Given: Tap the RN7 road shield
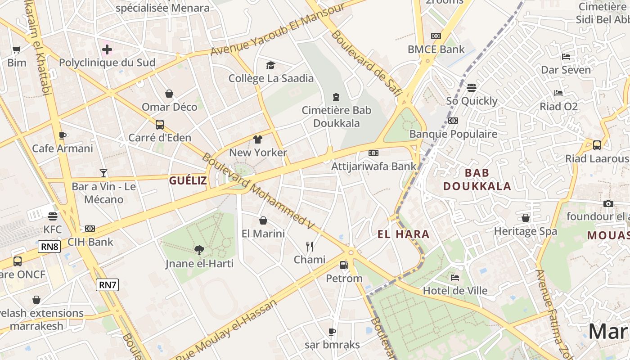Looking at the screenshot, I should [107, 284].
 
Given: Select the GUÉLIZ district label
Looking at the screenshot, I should [188, 180].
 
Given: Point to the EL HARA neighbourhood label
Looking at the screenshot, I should [403, 234].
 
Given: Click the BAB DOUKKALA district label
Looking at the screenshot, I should [477, 180].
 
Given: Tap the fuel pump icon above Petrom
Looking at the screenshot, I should [344, 265].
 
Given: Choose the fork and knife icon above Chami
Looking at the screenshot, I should [310, 246].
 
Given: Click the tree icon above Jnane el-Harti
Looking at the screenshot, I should [199, 250].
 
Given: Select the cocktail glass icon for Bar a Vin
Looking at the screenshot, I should [103, 173].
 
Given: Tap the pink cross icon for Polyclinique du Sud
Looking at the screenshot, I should [107, 49].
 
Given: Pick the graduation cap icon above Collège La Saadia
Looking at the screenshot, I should [270, 66].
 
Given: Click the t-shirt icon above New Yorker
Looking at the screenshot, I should [258, 139].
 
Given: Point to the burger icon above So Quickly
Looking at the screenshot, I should [472, 87].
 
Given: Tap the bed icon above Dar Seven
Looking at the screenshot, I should [566, 57].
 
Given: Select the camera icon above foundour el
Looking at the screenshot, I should [608, 203].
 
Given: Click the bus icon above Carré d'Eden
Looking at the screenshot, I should [160, 124].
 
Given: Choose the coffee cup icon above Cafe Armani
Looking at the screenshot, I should [63, 135].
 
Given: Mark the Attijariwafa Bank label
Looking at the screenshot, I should [374, 166].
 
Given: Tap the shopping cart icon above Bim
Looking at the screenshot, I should [17, 49].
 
